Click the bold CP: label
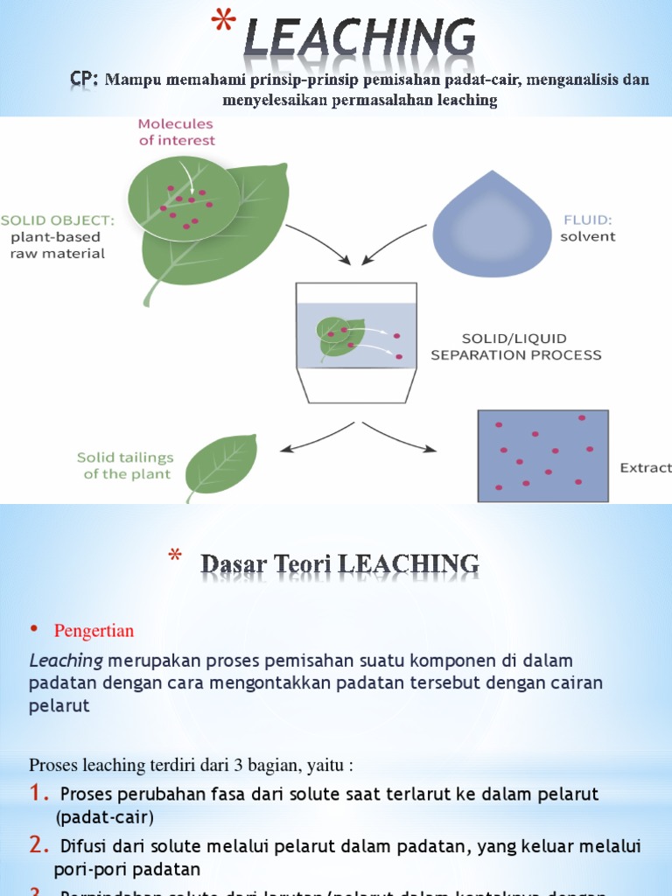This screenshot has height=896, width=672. pos(85,80)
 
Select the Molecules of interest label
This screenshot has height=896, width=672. pos(177,132)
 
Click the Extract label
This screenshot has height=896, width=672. pos(646,468)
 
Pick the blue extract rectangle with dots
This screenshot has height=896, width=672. pos(542,456)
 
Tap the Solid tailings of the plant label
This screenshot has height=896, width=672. pos(125,465)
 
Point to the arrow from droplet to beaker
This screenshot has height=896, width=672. pos(383,244)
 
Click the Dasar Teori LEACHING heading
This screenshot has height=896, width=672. pos(340,564)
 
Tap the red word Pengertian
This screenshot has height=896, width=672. pos(94,630)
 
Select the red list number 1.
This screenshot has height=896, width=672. pos(39,794)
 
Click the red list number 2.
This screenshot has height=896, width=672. pos(40,845)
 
